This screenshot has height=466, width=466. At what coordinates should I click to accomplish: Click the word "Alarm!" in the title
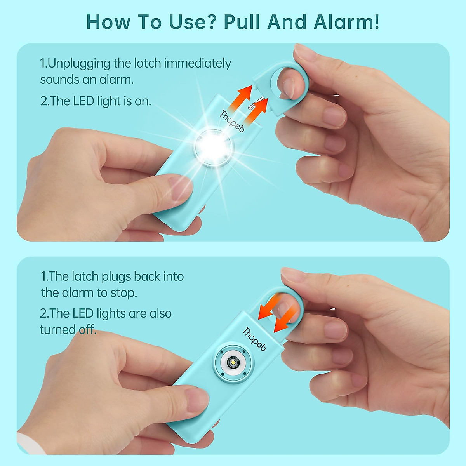tap(346, 22)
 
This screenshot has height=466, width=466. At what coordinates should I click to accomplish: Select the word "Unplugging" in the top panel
tap(79, 63)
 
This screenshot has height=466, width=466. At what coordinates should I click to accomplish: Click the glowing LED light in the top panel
tap(214, 147)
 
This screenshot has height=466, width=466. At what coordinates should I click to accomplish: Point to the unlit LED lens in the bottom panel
tap(233, 363)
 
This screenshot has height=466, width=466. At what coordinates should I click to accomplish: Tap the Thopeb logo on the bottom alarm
tap(254, 339)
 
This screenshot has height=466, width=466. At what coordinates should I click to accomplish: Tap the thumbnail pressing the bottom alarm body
tap(197, 400)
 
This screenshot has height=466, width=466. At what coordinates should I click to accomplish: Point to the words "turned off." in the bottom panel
tap(68, 330)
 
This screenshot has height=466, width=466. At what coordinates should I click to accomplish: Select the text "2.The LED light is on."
tap(96, 101)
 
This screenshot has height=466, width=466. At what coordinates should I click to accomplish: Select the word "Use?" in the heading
tap(192, 22)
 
